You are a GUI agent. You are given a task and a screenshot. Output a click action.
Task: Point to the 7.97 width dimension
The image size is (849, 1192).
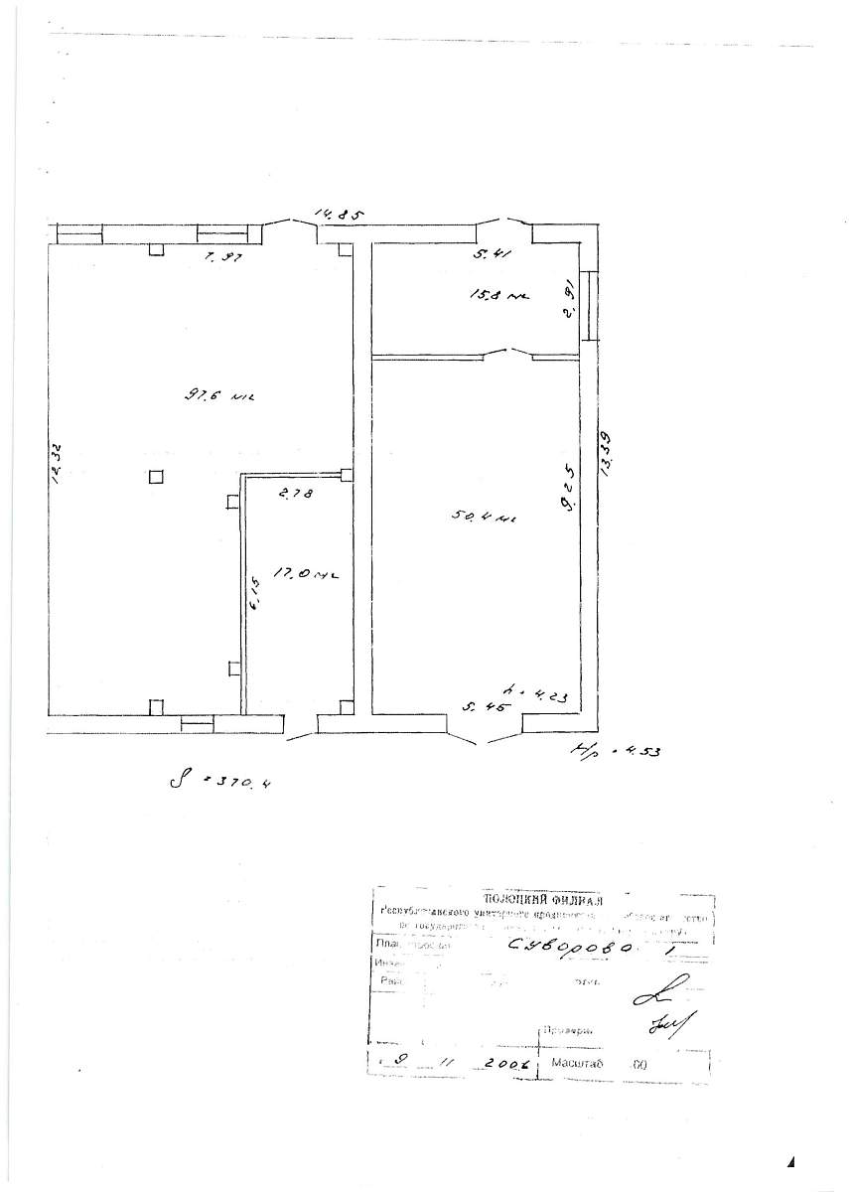pyautogui.click(x=223, y=257)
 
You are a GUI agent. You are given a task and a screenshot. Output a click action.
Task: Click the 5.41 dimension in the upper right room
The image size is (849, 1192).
pyautogui.click(x=492, y=255)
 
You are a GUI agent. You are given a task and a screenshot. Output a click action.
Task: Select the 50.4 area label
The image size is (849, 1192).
pyautogui.click(x=483, y=517)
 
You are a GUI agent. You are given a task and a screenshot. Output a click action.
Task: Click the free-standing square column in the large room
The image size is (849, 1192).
pyautogui.click(x=156, y=477)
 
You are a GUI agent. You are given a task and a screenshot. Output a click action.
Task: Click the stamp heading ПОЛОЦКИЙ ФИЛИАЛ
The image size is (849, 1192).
pyautogui.click(x=540, y=899)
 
